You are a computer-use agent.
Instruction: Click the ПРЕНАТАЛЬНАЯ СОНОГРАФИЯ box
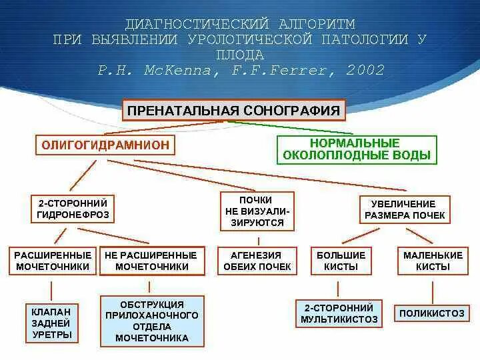(233, 110)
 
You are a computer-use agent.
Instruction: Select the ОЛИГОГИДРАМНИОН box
(105, 145)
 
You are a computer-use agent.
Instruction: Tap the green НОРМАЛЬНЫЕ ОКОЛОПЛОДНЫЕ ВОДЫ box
(356, 149)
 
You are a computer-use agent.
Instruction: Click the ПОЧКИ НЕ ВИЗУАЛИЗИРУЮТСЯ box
(257, 211)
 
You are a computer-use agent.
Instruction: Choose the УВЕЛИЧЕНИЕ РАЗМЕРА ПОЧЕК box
(404, 209)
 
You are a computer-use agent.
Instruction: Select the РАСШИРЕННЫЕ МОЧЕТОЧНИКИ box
(51, 261)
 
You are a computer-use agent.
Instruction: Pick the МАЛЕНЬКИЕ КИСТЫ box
(433, 261)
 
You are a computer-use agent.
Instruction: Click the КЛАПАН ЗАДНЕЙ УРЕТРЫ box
(51, 323)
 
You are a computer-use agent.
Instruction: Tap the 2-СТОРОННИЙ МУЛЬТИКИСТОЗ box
(340, 313)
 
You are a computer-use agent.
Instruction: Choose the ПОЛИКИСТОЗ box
(433, 313)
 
